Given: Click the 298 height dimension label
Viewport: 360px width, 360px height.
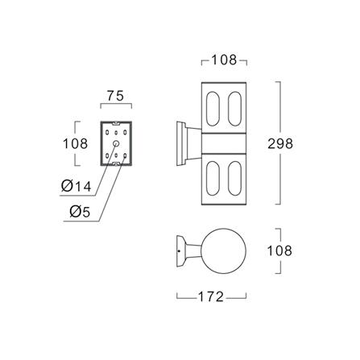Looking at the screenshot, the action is tap(280, 143).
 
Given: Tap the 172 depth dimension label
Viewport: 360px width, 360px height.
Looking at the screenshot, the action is tap(211, 296).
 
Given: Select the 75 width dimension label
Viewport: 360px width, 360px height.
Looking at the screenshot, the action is tap(115, 96).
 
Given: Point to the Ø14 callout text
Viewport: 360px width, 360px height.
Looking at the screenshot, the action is tap(77, 186).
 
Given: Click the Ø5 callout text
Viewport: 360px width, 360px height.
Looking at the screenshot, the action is tap(80, 212).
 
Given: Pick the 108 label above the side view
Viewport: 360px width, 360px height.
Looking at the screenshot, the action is tap(224, 60).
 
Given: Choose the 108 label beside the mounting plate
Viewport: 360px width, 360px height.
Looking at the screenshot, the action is tap(75, 143).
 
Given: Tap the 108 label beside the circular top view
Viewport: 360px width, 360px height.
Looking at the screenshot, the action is tap(279, 250).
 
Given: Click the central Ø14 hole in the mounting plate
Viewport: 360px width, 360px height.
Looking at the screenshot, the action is tap(116, 143).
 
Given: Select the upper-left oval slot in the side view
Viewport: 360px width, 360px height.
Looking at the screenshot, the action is tap(213, 109).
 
